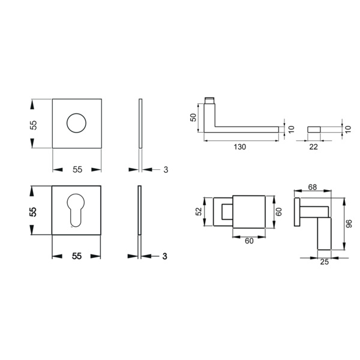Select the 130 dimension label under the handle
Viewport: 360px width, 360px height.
tap(239, 147)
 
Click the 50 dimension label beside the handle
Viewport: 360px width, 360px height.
tap(194, 118)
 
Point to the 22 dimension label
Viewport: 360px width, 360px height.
tap(313, 147)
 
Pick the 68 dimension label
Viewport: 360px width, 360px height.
tap(312, 187)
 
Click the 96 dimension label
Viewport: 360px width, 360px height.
tap(349, 224)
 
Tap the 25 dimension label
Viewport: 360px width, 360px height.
tap(324, 262)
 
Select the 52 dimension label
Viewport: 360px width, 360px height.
tap(199, 211)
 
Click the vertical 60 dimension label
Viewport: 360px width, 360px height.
tap(278, 212)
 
